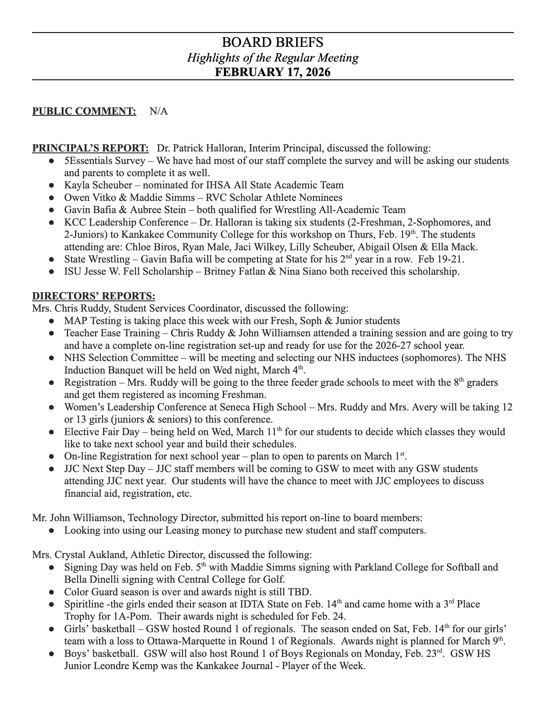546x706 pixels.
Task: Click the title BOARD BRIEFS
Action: (x=273, y=42)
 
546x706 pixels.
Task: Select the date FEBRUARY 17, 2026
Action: (x=273, y=72)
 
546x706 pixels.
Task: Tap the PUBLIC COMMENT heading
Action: (x=84, y=111)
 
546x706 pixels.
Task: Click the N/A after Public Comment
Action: (x=158, y=111)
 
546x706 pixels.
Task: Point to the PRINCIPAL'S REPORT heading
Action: (x=91, y=148)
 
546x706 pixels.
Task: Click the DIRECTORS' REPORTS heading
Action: (x=93, y=296)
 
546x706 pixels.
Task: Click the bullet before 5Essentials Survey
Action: (x=51, y=161)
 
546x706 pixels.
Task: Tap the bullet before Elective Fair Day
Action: (x=51, y=432)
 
